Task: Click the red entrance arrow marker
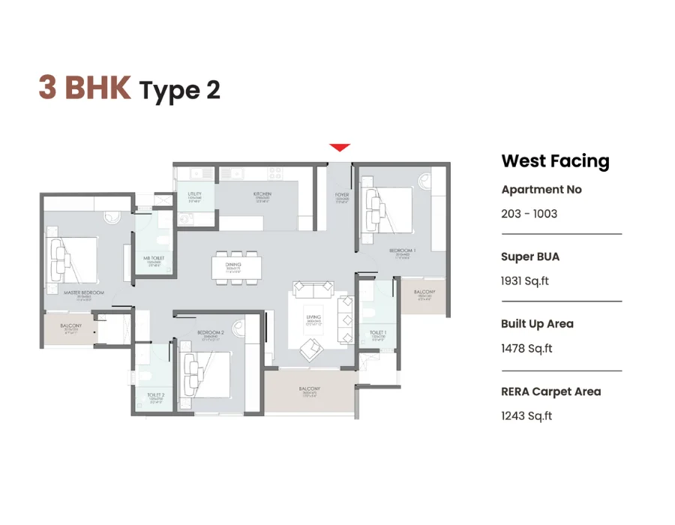pyautogui.click(x=340, y=148)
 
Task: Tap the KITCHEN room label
pyautogui.click(x=262, y=194)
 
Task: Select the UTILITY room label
pyautogui.click(x=195, y=194)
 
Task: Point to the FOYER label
pyautogui.click(x=342, y=194)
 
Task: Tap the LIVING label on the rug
pyautogui.click(x=314, y=318)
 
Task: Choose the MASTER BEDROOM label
pyautogui.click(x=83, y=292)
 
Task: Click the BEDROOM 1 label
pyautogui.click(x=402, y=250)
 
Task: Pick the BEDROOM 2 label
pyautogui.click(x=211, y=331)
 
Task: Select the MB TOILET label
pyautogui.click(x=154, y=259)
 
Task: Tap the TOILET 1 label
pyautogui.click(x=378, y=331)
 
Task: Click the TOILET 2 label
pyautogui.click(x=155, y=394)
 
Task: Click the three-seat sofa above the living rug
pyautogui.click(x=313, y=289)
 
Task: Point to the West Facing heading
pyautogui.click(x=555, y=161)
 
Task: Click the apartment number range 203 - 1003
pyautogui.click(x=529, y=214)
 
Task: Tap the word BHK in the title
pyautogui.click(x=97, y=88)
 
